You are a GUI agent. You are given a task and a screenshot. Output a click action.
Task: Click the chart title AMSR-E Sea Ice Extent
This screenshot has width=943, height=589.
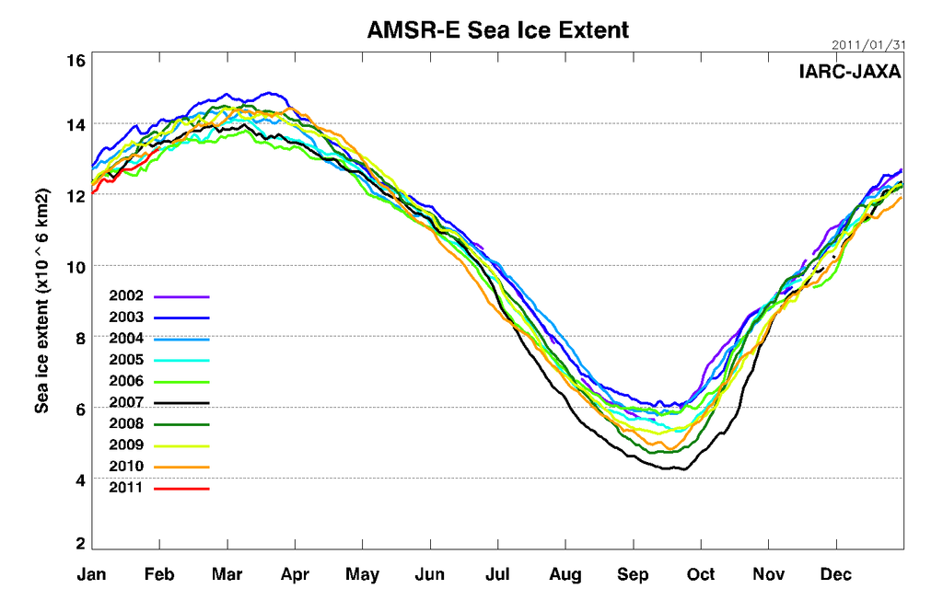click(x=497, y=29)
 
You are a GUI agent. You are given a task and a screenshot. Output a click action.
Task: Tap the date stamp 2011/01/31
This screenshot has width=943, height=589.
click(x=867, y=44)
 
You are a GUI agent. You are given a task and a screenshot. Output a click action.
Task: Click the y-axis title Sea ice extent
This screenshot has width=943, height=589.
click(x=41, y=301)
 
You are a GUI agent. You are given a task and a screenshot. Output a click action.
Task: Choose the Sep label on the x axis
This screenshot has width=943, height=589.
click(x=633, y=575)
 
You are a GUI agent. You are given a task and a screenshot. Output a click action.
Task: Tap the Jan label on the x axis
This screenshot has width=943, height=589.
click(x=92, y=575)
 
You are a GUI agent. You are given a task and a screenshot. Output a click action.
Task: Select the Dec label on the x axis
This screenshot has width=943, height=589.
click(x=836, y=575)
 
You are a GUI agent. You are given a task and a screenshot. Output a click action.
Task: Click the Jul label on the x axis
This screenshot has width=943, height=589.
click(x=497, y=575)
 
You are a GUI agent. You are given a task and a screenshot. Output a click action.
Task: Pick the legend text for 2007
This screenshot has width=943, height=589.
click(x=125, y=402)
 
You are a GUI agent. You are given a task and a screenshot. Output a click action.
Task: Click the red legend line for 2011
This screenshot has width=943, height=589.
click(x=182, y=488)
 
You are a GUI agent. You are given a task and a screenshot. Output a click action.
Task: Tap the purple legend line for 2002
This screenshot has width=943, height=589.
click(x=182, y=296)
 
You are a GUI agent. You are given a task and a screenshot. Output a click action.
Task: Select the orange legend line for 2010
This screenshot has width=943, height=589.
click(x=182, y=467)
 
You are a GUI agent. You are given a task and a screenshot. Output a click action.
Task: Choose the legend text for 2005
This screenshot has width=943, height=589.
click(x=125, y=360)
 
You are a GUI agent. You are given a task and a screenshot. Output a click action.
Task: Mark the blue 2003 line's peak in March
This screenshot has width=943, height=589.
click(x=268, y=93)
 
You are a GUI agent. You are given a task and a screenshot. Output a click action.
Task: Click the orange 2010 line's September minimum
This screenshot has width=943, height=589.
click(x=669, y=448)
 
